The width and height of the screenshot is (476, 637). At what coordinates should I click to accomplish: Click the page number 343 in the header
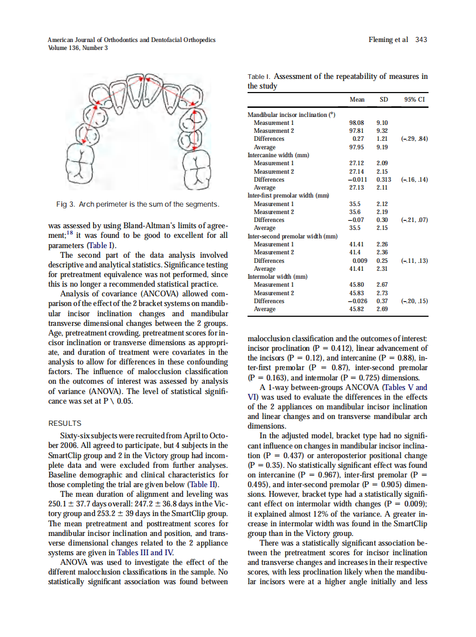[x=421, y=40]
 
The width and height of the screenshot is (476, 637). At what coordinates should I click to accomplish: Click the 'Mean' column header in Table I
[x=357, y=99]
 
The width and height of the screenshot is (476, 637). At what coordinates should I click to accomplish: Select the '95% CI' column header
[x=414, y=99]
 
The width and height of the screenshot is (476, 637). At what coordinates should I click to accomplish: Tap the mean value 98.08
[x=356, y=123]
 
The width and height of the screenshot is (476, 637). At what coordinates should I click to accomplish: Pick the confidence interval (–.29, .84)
[x=414, y=139]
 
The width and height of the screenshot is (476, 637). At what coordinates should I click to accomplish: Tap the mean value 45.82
[x=356, y=309]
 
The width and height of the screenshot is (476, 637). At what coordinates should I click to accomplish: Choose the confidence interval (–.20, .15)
[x=414, y=301]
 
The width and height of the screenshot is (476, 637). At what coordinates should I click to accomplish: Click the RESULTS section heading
[x=65, y=423]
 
